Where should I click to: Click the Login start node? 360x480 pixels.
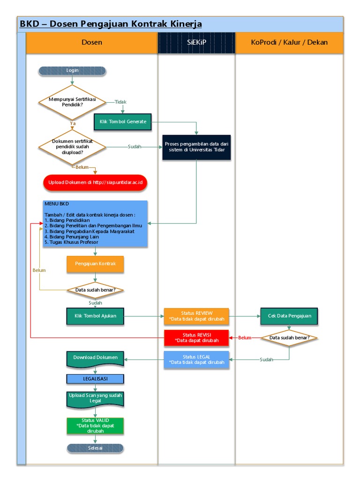pyautogui.click(x=72, y=71)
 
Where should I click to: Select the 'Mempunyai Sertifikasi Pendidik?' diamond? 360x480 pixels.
pyautogui.click(x=72, y=102)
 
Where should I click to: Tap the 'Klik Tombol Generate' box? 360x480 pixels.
pyautogui.click(x=123, y=121)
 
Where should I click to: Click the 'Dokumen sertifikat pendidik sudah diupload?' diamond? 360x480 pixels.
pyautogui.click(x=72, y=147)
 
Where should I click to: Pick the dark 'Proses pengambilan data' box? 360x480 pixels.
pyautogui.click(x=196, y=147)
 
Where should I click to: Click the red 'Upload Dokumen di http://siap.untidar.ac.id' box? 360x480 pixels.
pyautogui.click(x=95, y=182)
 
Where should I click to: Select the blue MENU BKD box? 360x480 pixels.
pyautogui.click(x=95, y=224)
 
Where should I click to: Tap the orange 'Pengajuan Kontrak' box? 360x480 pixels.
pyautogui.click(x=96, y=263)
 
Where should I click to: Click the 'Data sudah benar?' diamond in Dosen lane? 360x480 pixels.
pyautogui.click(x=96, y=290)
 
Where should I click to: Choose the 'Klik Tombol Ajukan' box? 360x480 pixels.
pyautogui.click(x=96, y=316)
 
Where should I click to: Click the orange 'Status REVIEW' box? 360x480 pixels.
pyautogui.click(x=196, y=316)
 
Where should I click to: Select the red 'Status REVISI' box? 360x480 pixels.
pyautogui.click(x=196, y=338)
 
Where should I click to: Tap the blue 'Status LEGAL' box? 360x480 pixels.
pyautogui.click(x=196, y=360)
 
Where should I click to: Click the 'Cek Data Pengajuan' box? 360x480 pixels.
pyautogui.click(x=289, y=316)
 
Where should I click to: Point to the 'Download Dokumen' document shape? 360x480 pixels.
pyautogui.click(x=96, y=359)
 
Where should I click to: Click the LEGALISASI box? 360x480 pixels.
pyautogui.click(x=96, y=378)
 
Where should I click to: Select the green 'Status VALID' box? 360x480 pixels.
pyautogui.click(x=96, y=426)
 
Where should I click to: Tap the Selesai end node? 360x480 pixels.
pyautogui.click(x=96, y=448)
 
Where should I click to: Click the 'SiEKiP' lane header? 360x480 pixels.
pyautogui.click(x=196, y=42)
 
